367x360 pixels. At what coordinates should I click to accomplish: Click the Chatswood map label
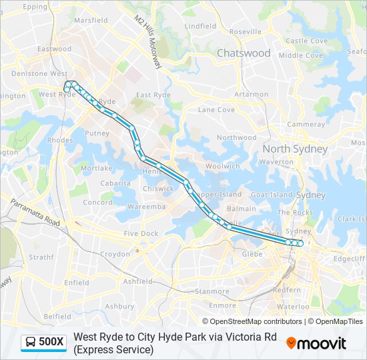click(x=243, y=53)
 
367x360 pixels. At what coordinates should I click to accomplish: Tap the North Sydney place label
click(x=295, y=149)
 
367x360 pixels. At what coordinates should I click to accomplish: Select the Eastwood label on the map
click(x=54, y=49)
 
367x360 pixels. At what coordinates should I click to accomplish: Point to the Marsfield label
click(x=91, y=21)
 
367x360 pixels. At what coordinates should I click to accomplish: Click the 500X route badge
click(x=44, y=343)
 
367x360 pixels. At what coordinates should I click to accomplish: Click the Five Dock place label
click(x=141, y=233)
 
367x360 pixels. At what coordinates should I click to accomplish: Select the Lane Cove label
click(x=216, y=109)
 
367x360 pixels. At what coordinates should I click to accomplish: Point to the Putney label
click(x=97, y=133)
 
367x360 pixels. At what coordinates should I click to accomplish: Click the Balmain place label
click(x=241, y=209)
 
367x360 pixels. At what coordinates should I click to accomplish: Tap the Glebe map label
click(x=252, y=253)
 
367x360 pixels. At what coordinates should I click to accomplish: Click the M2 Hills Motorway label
click(x=148, y=41)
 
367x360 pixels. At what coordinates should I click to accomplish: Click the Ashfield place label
click(x=138, y=282)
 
